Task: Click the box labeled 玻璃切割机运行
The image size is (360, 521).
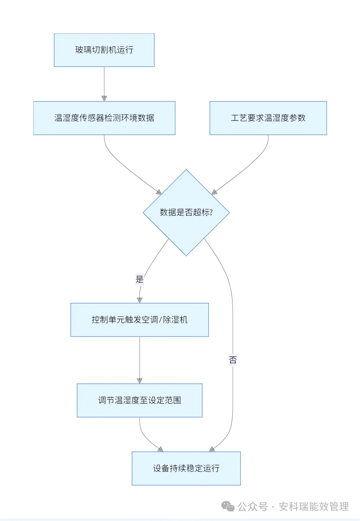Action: pos(104,50)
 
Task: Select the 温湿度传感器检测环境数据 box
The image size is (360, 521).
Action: pos(104,118)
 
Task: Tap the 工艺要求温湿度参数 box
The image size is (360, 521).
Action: pos(268,118)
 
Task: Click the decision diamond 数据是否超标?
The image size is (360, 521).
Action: pos(186,213)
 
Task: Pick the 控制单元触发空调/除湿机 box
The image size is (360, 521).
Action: pos(139,320)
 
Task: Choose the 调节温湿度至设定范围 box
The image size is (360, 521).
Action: pos(139,400)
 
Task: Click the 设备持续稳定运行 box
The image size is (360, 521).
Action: pos(186,469)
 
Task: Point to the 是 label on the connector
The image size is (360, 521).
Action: pos(139,279)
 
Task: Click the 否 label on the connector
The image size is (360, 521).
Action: pos(233,360)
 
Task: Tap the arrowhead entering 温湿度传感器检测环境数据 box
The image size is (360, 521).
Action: pos(104,98)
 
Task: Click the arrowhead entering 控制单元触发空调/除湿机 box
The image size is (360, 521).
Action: pos(140,300)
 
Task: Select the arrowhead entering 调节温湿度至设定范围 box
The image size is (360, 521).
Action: pos(140,381)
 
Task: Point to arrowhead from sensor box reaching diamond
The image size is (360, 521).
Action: pos(159,192)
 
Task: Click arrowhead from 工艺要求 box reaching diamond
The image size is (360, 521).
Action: pos(214,192)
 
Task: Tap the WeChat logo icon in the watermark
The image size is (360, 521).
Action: pos(228,506)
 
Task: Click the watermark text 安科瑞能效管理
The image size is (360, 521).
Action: pos(313,507)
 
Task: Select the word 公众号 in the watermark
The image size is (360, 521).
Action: pos(253,507)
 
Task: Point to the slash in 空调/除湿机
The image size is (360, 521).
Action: pos(161,320)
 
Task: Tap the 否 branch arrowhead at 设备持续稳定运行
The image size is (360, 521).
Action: pos(212,449)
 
